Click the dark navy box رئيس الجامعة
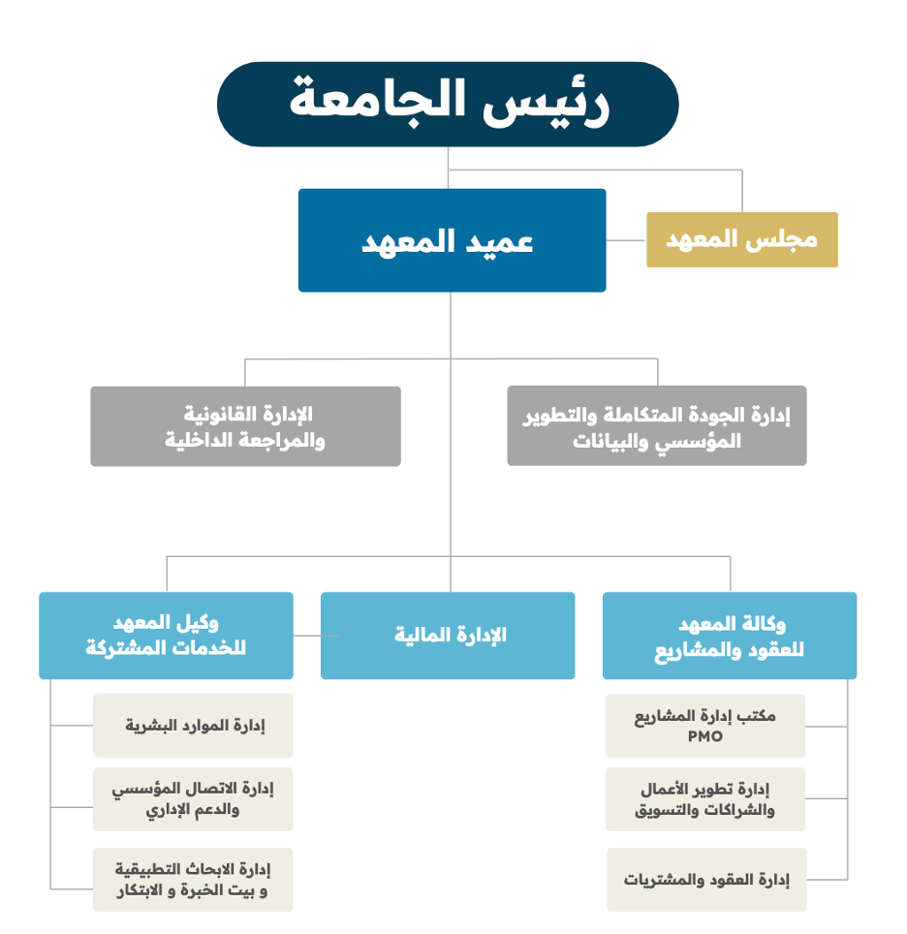[448, 105]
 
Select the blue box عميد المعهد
[452, 240]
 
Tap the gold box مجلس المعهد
[742, 239]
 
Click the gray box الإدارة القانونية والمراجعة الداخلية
[245, 426]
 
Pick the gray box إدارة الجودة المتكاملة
[657, 426]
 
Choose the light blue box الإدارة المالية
[448, 636]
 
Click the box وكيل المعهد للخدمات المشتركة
[167, 636]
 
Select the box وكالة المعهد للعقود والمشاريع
[730, 636]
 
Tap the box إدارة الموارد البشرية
[193, 726]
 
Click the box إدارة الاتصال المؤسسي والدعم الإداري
[193, 799]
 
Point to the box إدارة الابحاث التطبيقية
[193, 880]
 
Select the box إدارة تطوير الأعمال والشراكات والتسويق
[705, 799]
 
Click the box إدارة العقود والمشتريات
[706, 880]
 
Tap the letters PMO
[705, 737]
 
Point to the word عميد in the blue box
[499, 242]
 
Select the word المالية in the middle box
[422, 635]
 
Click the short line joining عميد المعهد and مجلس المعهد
[626, 240]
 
